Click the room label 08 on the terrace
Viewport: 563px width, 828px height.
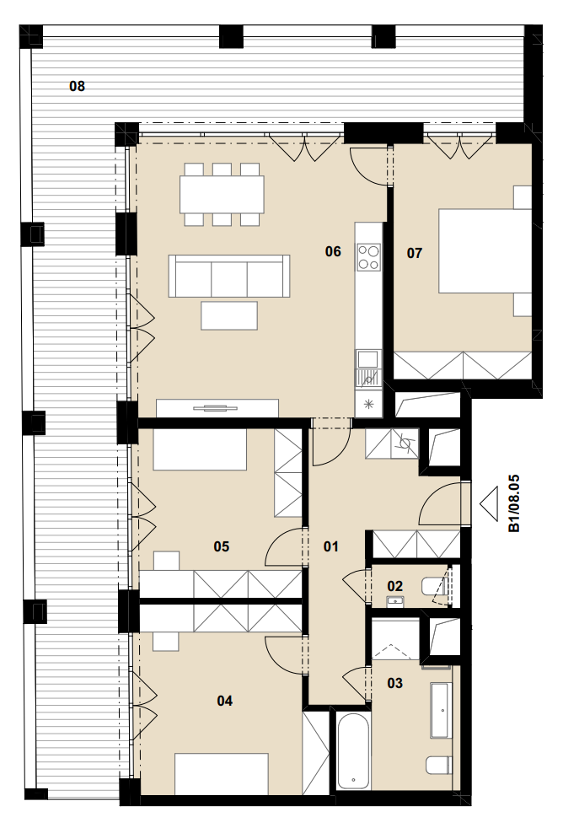77,86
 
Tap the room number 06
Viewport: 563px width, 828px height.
333,251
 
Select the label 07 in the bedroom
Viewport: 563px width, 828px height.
415,254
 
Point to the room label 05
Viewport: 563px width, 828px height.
222,546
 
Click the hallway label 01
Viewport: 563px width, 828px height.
331,546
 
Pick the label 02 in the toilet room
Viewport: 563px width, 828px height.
395,586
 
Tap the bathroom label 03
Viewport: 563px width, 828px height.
395,683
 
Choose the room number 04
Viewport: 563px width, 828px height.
225,701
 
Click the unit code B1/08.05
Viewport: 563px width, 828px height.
513,503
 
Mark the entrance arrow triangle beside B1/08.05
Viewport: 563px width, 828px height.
489,503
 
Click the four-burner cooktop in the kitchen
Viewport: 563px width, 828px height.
368,257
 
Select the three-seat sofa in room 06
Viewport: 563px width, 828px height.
229,276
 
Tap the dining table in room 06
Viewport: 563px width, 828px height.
222,194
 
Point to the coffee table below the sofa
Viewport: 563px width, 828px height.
229,315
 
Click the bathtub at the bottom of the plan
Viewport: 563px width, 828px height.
353,752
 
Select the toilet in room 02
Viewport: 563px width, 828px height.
435,586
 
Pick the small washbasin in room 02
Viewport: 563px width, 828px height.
395,601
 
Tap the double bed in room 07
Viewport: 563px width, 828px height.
485,250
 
